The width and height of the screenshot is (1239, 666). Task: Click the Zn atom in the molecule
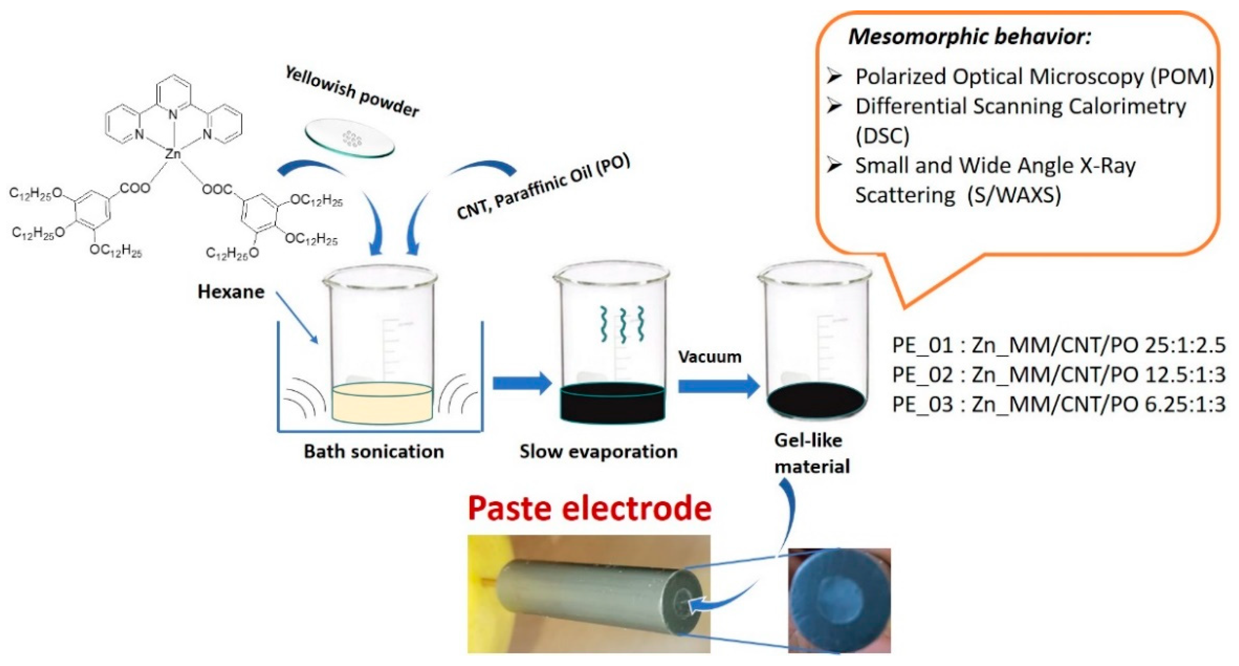[173, 153]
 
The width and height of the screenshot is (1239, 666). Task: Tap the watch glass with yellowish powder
[350, 140]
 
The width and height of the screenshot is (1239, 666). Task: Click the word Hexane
[231, 291]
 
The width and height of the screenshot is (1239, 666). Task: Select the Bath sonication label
[374, 451]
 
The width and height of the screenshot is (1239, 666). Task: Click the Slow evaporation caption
[598, 451]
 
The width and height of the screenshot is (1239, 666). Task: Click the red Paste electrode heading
[589, 508]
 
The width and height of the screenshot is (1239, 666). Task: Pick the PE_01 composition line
[1058, 345]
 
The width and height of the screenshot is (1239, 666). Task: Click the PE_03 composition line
[1058, 404]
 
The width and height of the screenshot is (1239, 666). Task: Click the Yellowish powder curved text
[352, 92]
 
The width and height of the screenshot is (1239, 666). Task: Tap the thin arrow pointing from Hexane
[297, 317]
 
